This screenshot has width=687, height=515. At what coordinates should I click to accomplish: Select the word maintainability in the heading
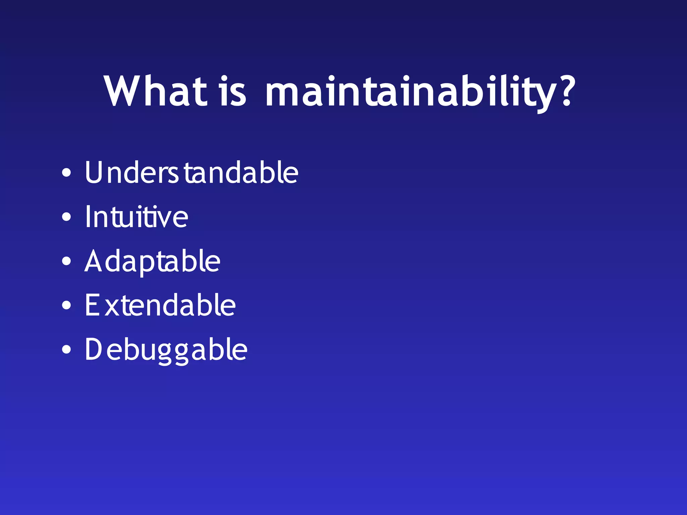411,92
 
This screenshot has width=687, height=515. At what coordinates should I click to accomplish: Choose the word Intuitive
136,217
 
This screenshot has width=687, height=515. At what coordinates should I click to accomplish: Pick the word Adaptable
152,262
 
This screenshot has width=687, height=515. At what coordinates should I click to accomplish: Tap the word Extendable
160,305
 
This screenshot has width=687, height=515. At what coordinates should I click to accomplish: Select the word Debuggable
166,350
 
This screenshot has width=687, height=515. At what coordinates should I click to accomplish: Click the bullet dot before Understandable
66,173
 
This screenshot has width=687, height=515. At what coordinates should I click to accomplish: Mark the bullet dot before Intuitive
66,217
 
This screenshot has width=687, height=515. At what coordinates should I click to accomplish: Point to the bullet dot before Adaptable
66,261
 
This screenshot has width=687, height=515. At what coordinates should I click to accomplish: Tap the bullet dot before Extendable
66,305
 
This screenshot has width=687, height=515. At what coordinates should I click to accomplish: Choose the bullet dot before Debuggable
66,350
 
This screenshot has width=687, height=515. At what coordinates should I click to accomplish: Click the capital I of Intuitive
88,217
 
